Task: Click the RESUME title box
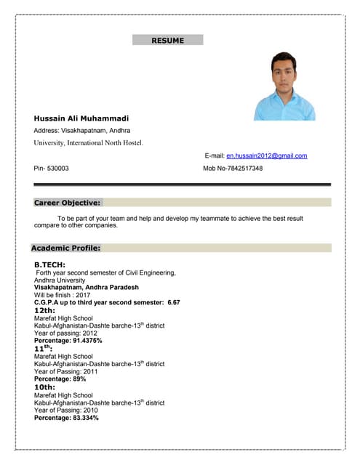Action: pos(168,41)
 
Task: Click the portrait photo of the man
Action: pos(284,86)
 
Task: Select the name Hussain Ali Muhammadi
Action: pos(81,118)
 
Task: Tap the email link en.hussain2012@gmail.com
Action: pos(266,155)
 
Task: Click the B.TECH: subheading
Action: pos(50,264)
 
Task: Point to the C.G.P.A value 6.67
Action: pos(173,302)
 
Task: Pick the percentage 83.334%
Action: pos(85,418)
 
